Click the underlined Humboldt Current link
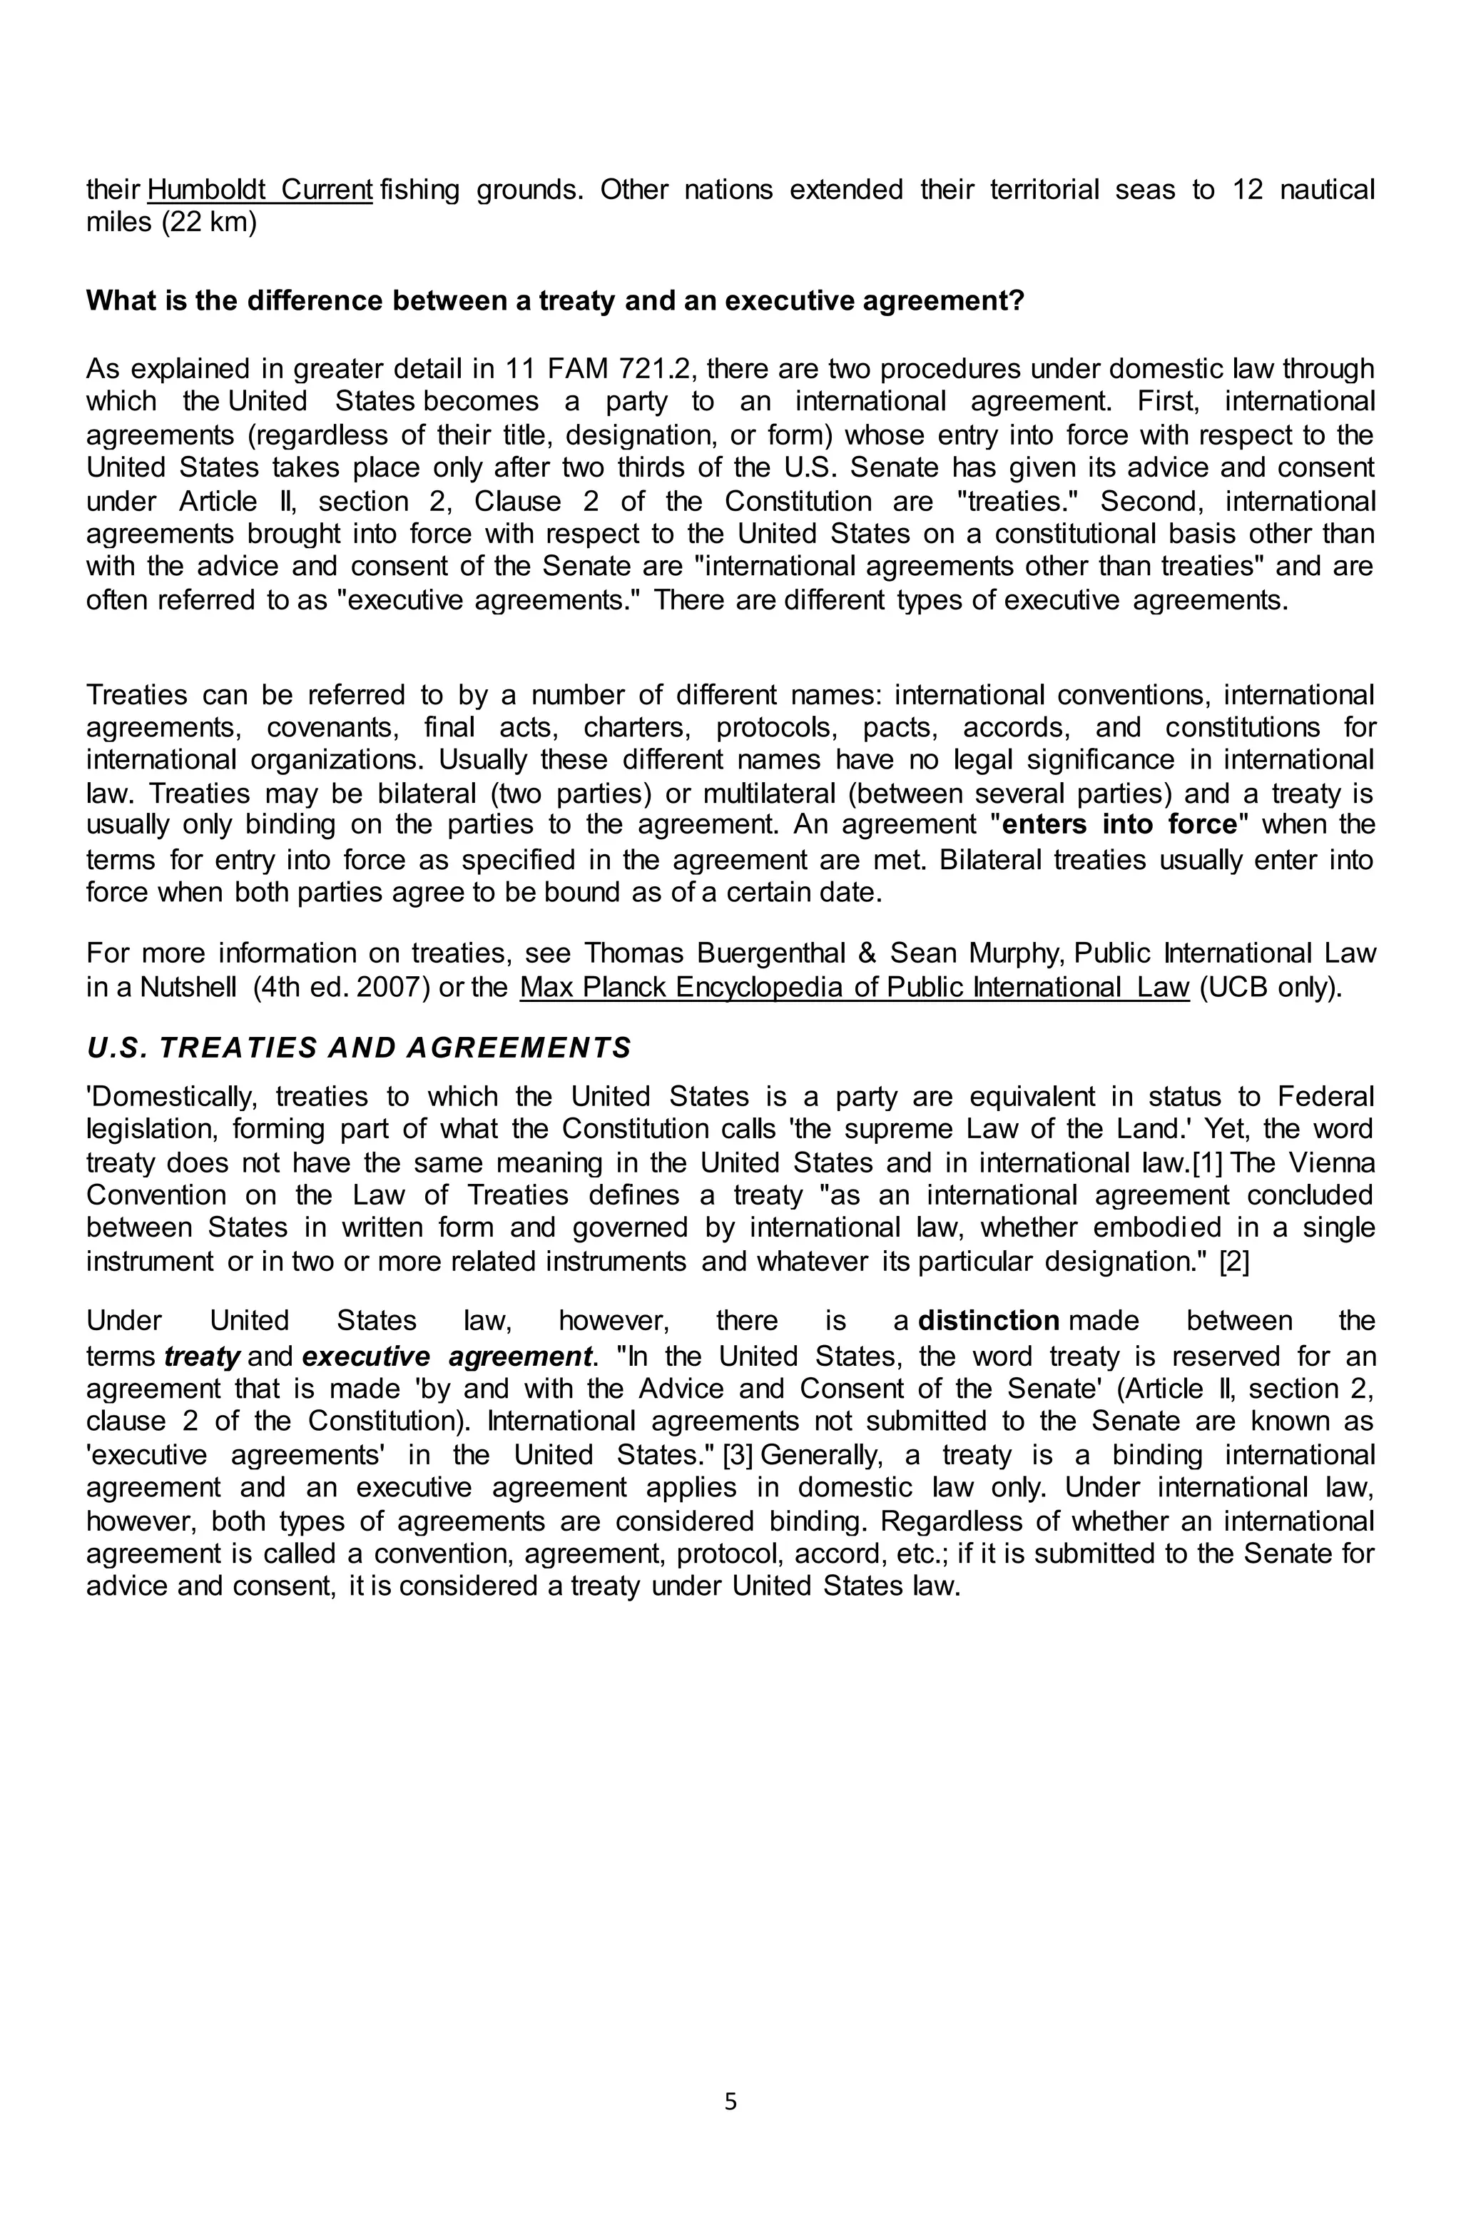pos(260,190)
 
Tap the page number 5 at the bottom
pos(730,2102)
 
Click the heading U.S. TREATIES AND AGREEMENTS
pos(359,1048)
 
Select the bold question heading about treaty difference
pos(555,300)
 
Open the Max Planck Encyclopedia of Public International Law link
pos(855,988)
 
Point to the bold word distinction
pos(989,1322)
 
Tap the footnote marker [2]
pos(1233,1261)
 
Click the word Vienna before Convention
pos(1331,1162)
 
